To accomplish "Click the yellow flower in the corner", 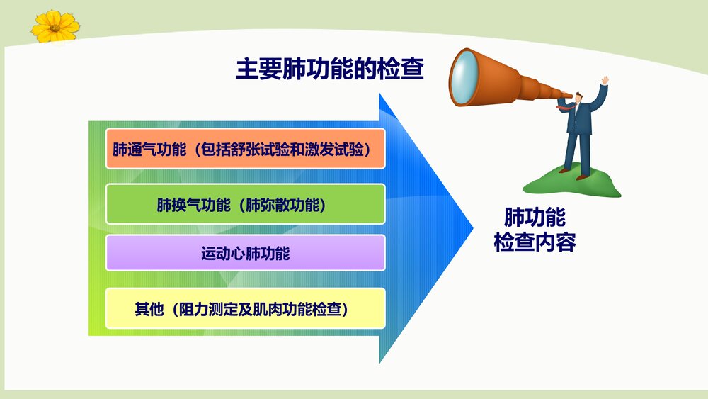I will click(x=55, y=27).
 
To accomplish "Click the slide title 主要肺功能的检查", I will click(x=329, y=69).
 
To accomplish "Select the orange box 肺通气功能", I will click(x=245, y=149).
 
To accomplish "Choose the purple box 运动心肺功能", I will click(x=245, y=253).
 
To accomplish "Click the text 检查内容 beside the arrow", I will click(x=535, y=242).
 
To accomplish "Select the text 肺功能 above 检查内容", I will click(x=535, y=218).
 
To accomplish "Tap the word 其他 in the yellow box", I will click(x=149, y=309).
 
